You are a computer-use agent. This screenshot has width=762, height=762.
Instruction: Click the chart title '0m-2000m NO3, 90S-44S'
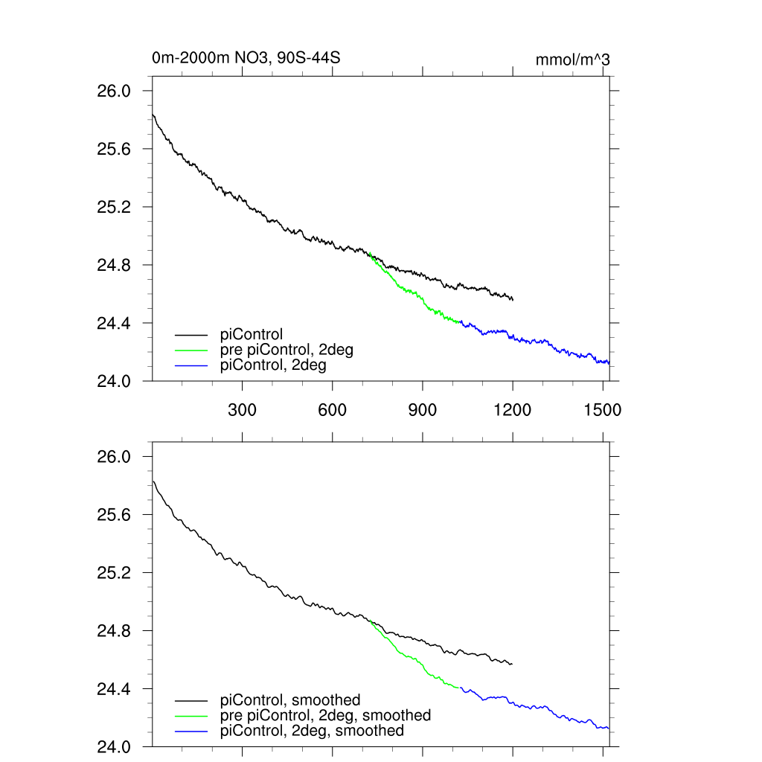pos(246,57)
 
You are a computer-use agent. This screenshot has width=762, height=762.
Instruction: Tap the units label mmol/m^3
pos(572,60)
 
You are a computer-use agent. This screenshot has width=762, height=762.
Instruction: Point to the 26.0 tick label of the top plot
pos(114,91)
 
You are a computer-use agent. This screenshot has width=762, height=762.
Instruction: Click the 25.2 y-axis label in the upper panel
pos(114,207)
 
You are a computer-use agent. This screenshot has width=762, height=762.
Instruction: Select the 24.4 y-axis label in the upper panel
pos(114,323)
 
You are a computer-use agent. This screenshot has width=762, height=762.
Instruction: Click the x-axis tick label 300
pos(243,409)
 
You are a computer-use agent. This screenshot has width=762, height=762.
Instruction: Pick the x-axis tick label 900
pos(423,409)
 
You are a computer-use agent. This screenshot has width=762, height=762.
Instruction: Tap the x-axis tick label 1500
pos(603,409)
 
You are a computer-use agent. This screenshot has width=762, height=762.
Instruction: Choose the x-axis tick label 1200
pos(513,409)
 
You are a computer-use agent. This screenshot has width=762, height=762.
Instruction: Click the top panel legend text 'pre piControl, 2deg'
pos(286,350)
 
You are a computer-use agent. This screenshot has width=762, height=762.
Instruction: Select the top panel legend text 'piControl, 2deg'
pos(273,365)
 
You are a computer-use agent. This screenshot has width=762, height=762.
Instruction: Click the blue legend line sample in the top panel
pos(191,365)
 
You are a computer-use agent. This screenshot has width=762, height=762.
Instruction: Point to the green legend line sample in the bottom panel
pos(191,716)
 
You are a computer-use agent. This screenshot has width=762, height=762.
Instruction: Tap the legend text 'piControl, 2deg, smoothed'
pos(312,731)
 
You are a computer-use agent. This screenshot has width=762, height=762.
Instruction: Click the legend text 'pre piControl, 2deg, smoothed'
pos(325,715)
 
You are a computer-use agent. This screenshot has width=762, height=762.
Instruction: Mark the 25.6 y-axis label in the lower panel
pos(114,515)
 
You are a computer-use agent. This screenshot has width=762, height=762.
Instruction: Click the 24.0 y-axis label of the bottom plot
pos(114,746)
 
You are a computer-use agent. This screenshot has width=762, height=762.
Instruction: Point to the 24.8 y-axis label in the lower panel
pos(114,631)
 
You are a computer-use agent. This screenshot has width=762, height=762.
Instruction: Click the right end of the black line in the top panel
pos(513,299)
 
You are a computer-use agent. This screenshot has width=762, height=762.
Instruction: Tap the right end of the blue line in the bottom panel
pos(609,728)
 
